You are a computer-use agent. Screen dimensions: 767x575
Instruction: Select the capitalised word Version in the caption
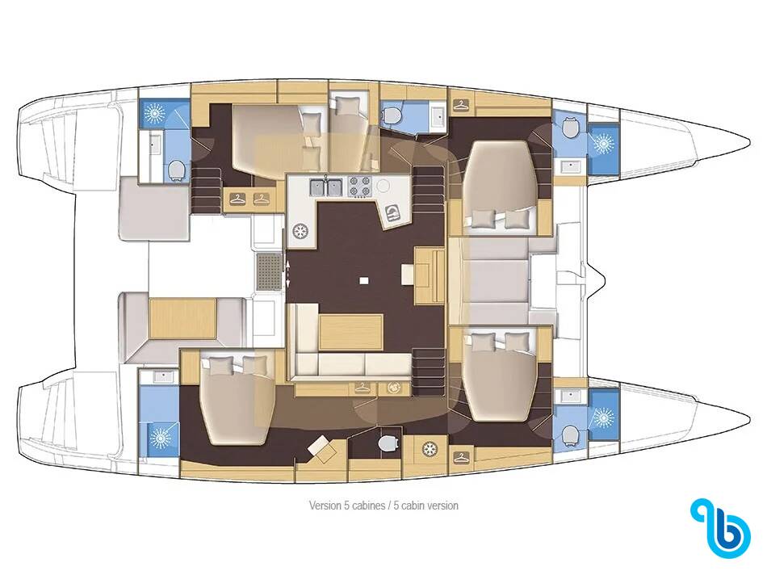click(x=325, y=506)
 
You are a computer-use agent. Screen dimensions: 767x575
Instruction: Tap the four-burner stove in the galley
click(x=359, y=186)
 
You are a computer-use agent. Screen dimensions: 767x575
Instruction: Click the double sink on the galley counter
click(x=325, y=187)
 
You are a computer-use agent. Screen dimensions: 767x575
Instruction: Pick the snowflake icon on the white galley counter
click(x=300, y=232)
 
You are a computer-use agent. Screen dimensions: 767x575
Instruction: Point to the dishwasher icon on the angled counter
click(x=392, y=212)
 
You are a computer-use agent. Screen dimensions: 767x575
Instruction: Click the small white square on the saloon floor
click(x=363, y=280)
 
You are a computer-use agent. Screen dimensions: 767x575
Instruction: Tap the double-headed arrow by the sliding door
click(x=288, y=274)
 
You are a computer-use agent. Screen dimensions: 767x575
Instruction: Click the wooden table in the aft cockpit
click(x=182, y=318)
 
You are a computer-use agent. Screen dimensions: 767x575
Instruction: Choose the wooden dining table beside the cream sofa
click(x=350, y=332)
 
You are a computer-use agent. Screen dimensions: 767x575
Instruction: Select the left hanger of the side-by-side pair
click(x=237, y=199)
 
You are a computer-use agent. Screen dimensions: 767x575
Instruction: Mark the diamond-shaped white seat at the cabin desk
click(x=320, y=447)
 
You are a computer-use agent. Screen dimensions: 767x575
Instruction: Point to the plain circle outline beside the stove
click(x=383, y=186)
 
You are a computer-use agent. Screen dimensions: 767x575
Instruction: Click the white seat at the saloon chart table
click(x=408, y=274)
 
